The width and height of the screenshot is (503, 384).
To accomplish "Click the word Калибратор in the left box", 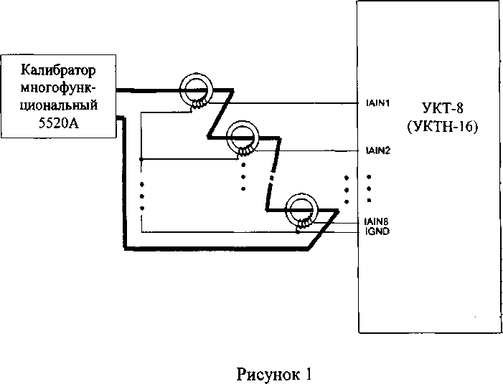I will [59, 71].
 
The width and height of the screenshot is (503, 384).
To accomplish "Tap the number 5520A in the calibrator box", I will [60, 121].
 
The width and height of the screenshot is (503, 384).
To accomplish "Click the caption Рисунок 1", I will [275, 373].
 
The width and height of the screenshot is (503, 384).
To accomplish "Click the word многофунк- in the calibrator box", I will [60, 87].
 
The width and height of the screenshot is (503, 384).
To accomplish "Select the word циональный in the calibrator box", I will [60, 105].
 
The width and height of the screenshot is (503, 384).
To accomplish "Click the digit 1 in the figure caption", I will [309, 373].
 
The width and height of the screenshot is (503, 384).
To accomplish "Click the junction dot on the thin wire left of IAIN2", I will [142, 158].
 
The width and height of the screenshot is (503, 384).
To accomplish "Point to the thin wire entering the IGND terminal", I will [337, 231].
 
